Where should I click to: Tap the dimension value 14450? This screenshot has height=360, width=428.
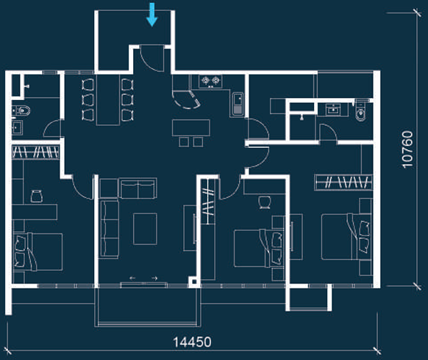coord(193,342)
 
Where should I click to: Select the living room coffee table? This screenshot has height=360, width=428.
coord(144,227)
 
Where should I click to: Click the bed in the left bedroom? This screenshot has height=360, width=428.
coord(37,251)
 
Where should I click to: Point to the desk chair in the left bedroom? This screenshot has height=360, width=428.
coord(37,196)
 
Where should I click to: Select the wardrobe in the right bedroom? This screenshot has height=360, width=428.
coord(342,180)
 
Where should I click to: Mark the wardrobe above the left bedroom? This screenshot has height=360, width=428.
coord(36,154)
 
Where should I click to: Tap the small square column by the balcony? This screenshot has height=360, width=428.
coord(193,280)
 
